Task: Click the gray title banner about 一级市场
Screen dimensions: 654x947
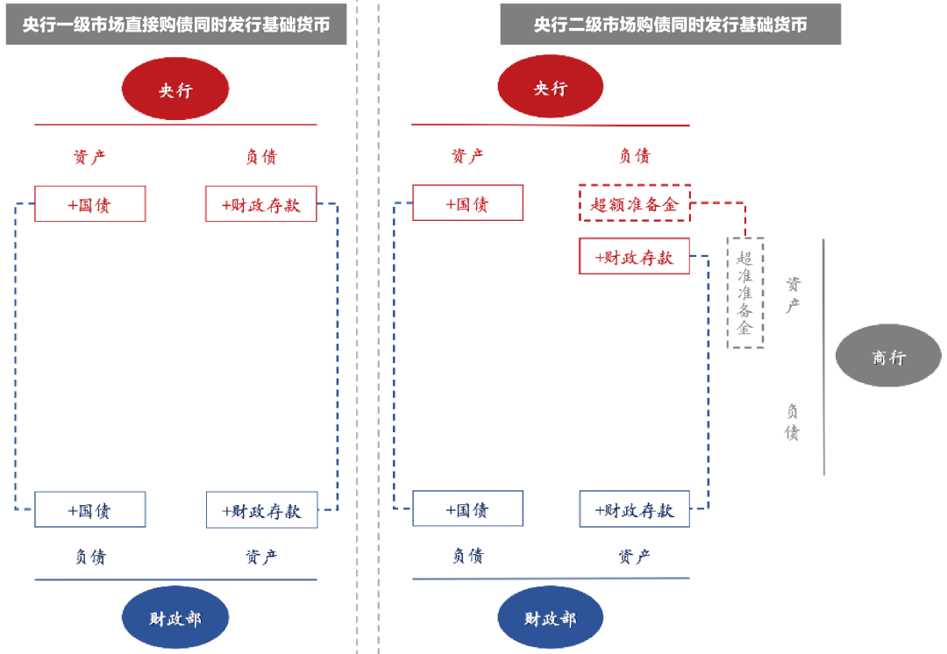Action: [176, 25]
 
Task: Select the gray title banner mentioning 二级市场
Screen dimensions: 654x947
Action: [671, 25]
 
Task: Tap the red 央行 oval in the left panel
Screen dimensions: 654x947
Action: [175, 89]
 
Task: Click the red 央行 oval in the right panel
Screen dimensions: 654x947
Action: [551, 89]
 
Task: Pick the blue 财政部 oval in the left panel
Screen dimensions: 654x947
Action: [175, 619]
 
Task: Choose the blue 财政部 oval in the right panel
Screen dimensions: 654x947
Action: [551, 619]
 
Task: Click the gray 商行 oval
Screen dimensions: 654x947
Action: [888, 356]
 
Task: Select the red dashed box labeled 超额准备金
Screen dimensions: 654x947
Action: [635, 203]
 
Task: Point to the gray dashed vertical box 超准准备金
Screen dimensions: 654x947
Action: [745, 293]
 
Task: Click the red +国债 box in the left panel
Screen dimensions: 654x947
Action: [90, 204]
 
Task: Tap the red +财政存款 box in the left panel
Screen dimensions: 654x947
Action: [261, 204]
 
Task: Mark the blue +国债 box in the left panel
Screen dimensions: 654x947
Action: [90, 510]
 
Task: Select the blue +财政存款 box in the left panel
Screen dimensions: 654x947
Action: [261, 510]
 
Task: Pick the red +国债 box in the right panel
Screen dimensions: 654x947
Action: [468, 203]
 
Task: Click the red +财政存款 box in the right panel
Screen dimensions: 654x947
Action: [634, 256]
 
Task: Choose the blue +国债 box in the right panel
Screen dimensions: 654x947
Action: [468, 509]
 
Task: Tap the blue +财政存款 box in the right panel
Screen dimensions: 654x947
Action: [634, 509]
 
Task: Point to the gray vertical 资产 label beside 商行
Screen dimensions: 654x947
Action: [793, 295]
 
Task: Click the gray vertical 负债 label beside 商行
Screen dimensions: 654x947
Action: [793, 422]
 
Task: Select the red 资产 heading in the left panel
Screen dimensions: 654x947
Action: [89, 157]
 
